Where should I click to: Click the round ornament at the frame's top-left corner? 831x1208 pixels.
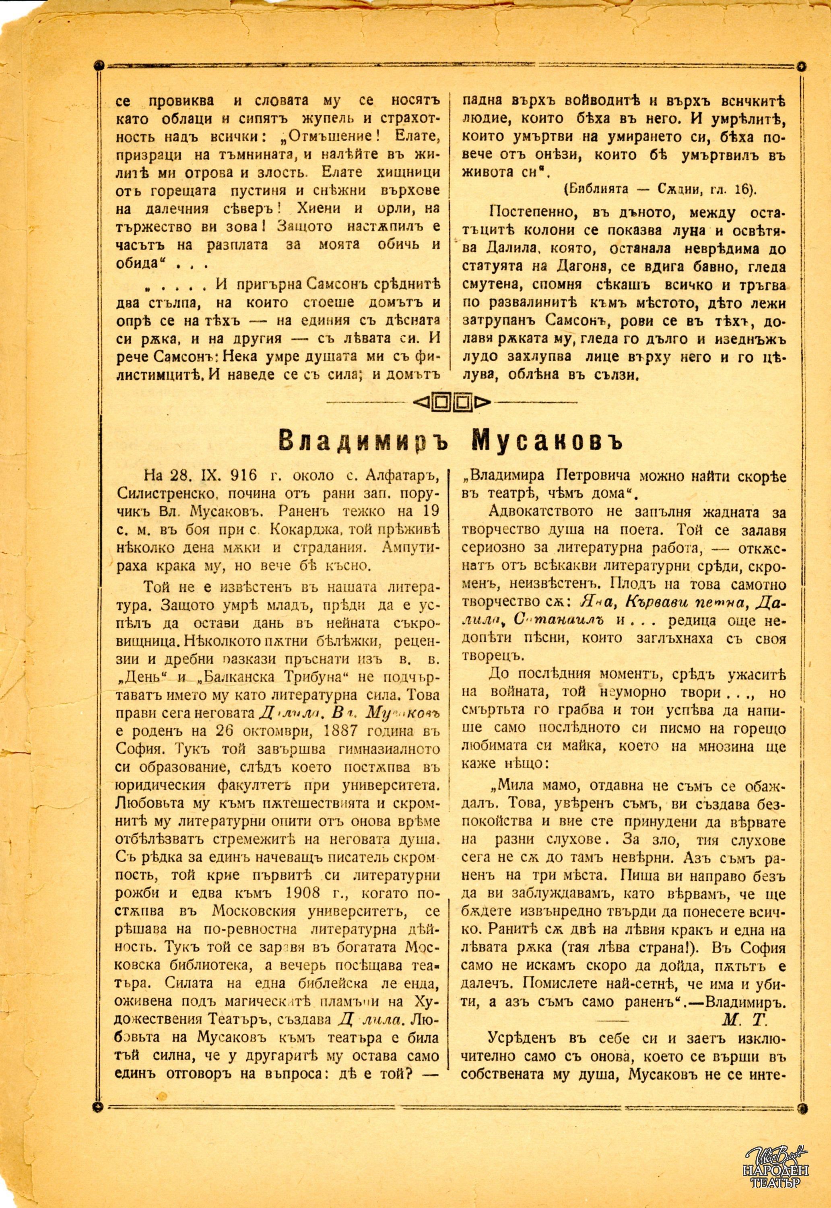pyautogui.click(x=99, y=66)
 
